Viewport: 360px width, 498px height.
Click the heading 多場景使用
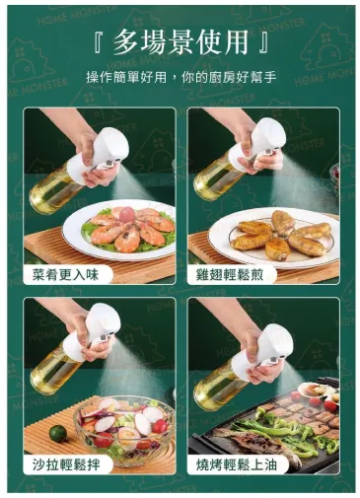(180, 42)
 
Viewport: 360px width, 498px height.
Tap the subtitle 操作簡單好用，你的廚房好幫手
(181, 78)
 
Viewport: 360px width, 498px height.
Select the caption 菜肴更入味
(65, 274)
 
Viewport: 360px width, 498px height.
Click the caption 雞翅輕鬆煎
(230, 274)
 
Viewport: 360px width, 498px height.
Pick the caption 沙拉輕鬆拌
(66, 464)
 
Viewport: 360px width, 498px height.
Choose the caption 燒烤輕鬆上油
(237, 464)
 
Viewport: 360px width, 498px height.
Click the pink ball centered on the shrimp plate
(127, 215)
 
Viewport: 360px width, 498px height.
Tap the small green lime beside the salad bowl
(57, 433)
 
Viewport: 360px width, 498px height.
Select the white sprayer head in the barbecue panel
(263, 349)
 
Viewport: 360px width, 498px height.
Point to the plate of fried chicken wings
(273, 238)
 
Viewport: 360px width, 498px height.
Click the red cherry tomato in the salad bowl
(160, 426)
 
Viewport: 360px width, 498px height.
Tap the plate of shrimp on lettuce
(119, 229)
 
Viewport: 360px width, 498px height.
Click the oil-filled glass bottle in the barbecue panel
(217, 387)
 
